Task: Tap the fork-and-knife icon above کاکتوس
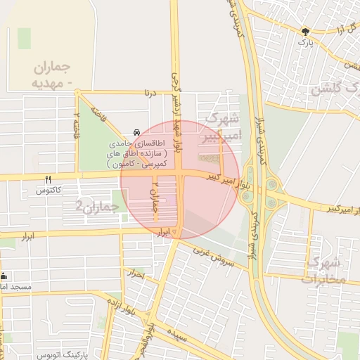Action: point(48,179)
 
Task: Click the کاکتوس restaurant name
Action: point(49,191)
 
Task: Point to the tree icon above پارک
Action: point(304,32)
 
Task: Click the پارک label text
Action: point(304,43)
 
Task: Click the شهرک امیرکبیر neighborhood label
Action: point(222,126)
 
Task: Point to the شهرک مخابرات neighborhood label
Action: point(323,271)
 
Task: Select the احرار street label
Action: point(134,274)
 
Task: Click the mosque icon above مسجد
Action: point(4,276)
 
